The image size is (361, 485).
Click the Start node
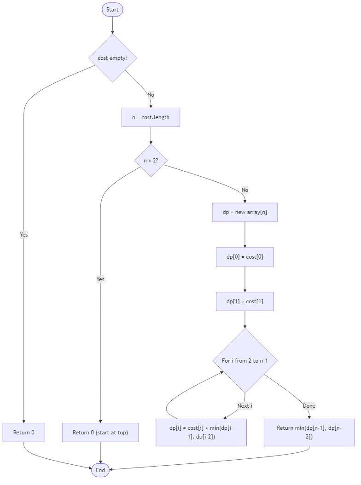(x=112, y=10)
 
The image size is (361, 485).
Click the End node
(x=100, y=470)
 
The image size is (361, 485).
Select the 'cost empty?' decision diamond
(x=112, y=58)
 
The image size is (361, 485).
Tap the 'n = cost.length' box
(x=151, y=117)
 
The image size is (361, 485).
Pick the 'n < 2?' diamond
(x=151, y=161)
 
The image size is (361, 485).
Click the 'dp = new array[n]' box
(x=245, y=213)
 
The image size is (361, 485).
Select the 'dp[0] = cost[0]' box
(x=245, y=257)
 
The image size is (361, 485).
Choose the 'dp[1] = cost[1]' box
(x=245, y=302)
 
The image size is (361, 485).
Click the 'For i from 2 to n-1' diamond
(x=245, y=360)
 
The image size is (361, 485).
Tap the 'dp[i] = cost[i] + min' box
(x=201, y=432)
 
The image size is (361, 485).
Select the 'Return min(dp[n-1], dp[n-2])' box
(x=309, y=432)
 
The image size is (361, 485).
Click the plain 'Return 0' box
(x=24, y=433)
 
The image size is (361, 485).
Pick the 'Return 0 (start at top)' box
(x=100, y=433)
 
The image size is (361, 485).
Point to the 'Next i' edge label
(x=245, y=406)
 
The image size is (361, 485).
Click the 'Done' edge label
(x=309, y=406)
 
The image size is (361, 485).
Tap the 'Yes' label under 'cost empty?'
(x=24, y=235)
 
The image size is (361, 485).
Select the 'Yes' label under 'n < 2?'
(x=100, y=279)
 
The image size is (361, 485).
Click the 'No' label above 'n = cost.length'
(x=151, y=95)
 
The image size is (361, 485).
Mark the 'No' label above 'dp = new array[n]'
(x=245, y=190)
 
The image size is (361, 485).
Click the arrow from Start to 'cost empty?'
(x=112, y=25)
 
